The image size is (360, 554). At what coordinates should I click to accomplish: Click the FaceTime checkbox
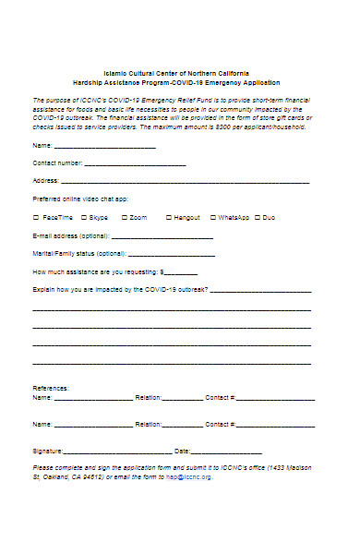coord(36,217)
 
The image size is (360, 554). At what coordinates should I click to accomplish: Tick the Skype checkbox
coord(84,217)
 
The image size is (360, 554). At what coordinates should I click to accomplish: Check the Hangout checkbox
coord(168,217)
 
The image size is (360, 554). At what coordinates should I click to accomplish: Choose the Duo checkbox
coord(257,217)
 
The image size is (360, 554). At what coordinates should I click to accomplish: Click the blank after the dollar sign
coord(181,273)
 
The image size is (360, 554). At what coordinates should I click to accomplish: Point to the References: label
coord(51,388)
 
